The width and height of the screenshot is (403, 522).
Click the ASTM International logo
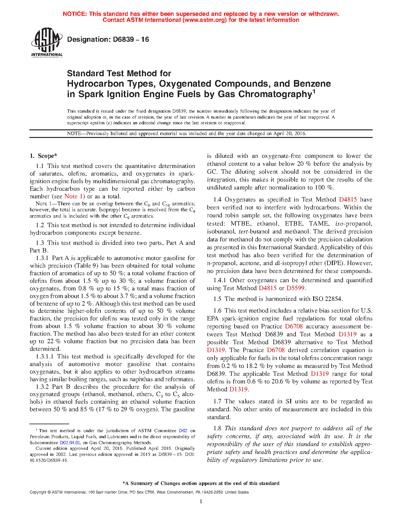tap(46, 42)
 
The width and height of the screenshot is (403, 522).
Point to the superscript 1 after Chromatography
tap(314, 92)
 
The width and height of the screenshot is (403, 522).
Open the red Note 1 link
tap(73, 196)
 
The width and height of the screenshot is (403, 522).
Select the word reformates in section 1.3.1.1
tap(179, 379)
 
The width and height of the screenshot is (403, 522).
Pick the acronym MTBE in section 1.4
tap(241, 224)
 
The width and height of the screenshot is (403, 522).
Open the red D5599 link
tap(296, 288)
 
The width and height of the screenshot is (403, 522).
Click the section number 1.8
tap(217, 428)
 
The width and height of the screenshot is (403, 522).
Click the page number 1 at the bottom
tap(201, 501)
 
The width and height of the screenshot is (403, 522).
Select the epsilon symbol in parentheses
tap(109, 123)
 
